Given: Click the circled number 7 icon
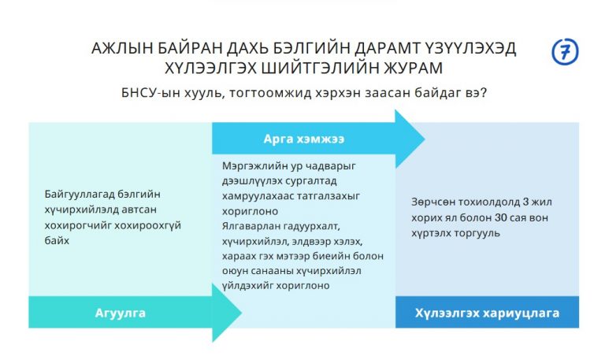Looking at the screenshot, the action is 565,51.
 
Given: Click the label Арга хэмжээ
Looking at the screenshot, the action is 303,139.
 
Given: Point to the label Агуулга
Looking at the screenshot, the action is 120,313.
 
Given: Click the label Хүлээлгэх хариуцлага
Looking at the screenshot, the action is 487,313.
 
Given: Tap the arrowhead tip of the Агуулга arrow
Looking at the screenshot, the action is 242,313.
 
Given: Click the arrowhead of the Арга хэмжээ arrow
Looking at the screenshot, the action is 410,139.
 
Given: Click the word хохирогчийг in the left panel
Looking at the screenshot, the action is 76,225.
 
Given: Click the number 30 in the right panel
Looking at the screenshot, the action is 500,217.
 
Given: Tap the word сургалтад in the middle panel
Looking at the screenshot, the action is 310,181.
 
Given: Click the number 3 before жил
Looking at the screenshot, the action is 525,202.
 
